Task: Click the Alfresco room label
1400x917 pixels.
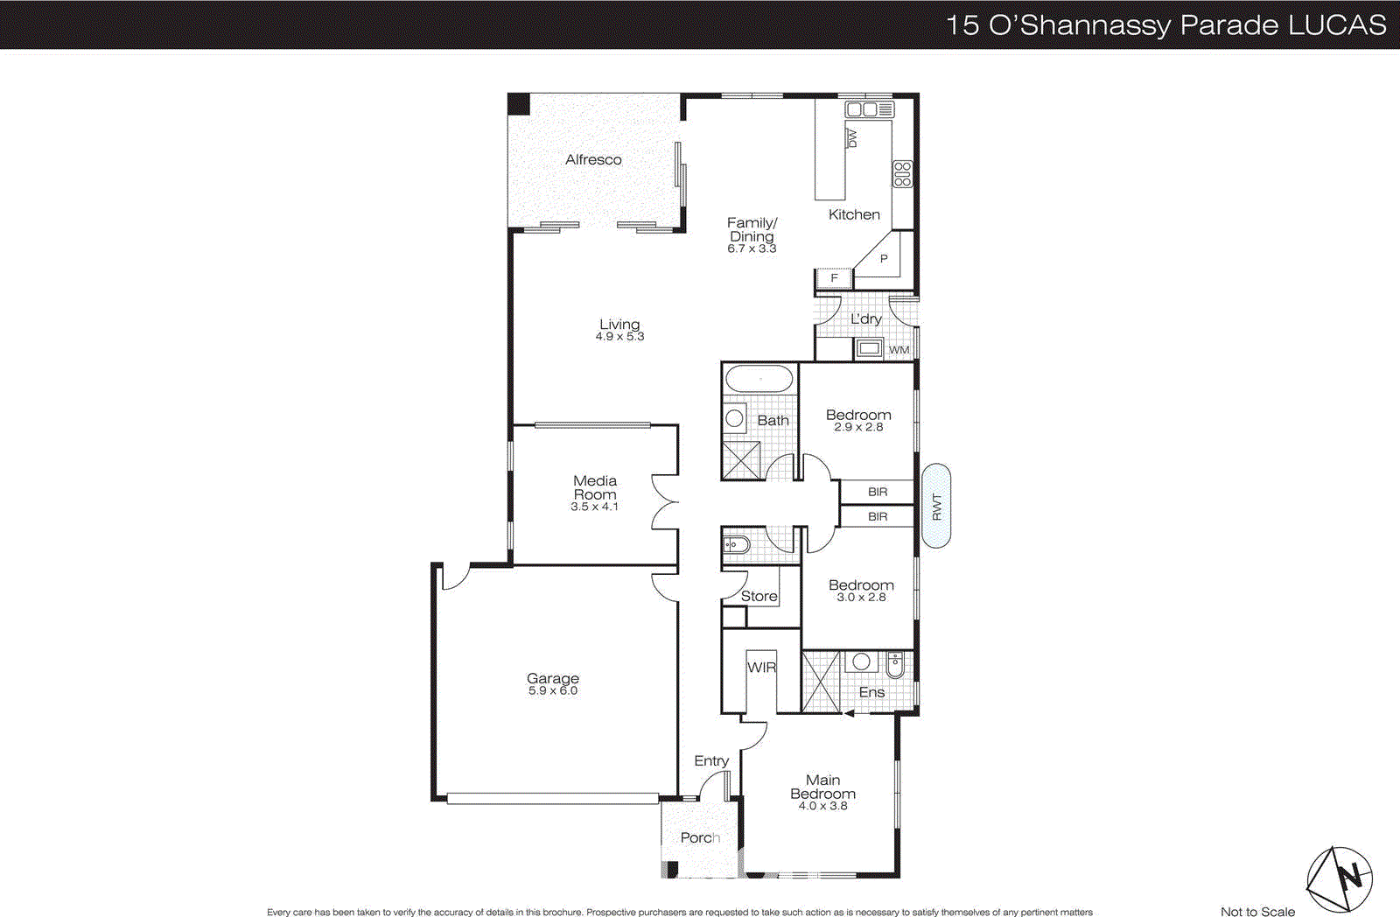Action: point(593,159)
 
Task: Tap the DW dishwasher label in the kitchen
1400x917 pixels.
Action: point(852,137)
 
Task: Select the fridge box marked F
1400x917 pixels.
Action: point(834,278)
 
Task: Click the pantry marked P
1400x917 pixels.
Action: point(884,259)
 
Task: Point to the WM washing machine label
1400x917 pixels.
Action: point(899,350)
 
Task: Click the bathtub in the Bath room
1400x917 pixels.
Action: point(759,380)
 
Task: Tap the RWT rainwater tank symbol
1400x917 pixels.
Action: point(936,506)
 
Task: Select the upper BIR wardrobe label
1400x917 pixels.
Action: point(878,492)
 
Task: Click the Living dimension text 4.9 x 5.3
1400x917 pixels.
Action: point(619,337)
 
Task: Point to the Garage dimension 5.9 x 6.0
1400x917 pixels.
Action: point(552,691)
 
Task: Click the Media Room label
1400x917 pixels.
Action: point(595,487)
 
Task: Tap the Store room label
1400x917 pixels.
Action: point(759,596)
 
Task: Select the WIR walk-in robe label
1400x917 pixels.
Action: point(761,667)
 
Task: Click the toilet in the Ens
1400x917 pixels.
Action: point(894,666)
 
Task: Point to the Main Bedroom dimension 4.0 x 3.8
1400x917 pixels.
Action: point(822,806)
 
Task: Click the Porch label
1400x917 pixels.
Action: point(700,837)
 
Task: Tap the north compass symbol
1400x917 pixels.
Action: point(1340,878)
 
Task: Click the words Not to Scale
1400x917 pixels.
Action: point(1257,911)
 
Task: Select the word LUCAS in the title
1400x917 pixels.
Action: point(1337,24)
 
